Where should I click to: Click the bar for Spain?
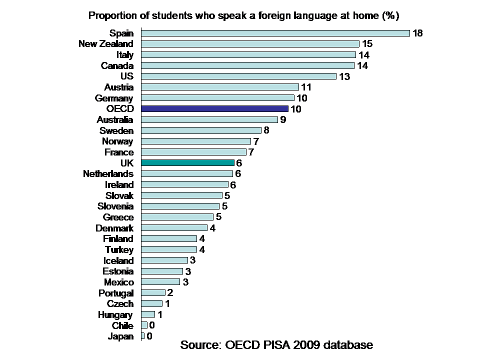coord(275,33)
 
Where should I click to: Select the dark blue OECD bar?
coord(214,108)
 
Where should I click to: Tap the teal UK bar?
coord(187,162)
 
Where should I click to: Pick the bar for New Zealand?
coord(250,44)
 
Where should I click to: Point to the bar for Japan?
coord(143,336)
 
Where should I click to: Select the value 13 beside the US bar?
coord(344,76)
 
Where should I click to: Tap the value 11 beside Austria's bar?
coord(306,87)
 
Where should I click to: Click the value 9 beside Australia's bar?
coord(283,119)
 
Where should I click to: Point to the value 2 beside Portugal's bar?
coord(170,292)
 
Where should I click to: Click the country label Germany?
coord(114,98)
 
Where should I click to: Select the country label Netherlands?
coord(108,173)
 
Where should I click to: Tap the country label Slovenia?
coord(115,206)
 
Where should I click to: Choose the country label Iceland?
coord(118,260)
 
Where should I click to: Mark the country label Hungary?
coord(115,314)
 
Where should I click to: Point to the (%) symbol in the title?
coord(390,15)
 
